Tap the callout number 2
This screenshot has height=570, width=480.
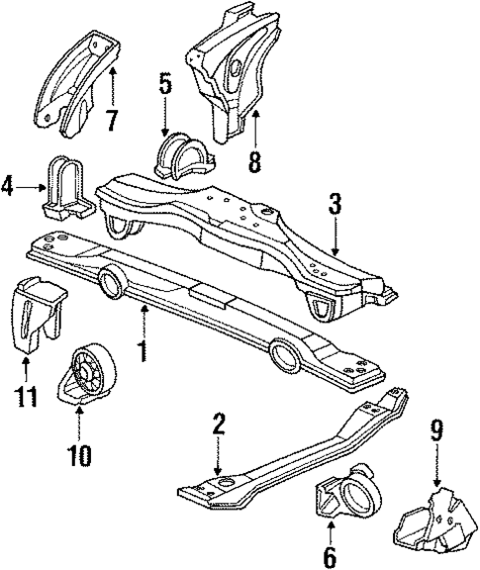219,426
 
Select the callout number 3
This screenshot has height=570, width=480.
336,206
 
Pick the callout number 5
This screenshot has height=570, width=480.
165,85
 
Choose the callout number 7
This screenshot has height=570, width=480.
112,121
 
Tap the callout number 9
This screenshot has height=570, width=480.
436,431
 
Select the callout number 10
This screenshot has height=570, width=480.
79,456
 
